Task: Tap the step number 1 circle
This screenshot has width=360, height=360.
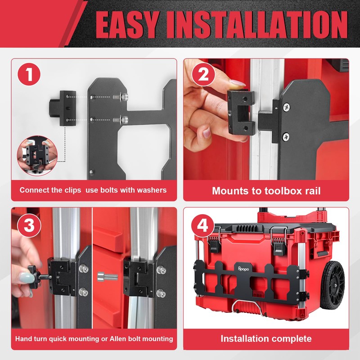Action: tap(30, 75)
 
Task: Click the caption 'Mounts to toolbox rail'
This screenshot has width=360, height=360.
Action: tap(266, 190)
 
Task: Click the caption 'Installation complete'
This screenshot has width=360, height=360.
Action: tap(266, 338)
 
